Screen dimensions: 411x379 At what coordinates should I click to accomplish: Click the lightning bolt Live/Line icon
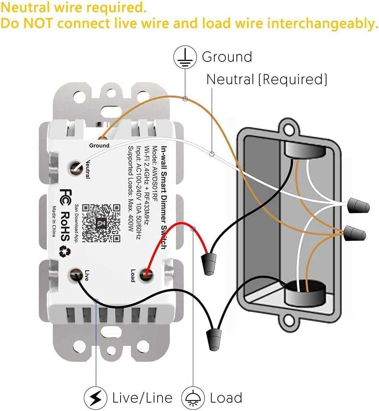click(x=96, y=398)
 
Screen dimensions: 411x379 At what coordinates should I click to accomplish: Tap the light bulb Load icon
click(x=193, y=398)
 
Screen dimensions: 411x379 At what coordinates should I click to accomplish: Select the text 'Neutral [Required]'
click(x=266, y=79)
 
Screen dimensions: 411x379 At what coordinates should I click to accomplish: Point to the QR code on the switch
click(x=101, y=223)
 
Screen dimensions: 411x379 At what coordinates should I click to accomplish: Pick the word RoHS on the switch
click(x=65, y=226)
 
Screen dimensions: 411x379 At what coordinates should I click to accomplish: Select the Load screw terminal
click(x=147, y=274)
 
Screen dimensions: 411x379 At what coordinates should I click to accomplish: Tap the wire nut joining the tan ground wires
click(x=355, y=233)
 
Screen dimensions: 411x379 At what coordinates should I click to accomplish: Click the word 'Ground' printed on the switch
click(x=99, y=145)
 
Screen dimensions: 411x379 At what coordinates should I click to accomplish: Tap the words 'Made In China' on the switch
click(x=54, y=221)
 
